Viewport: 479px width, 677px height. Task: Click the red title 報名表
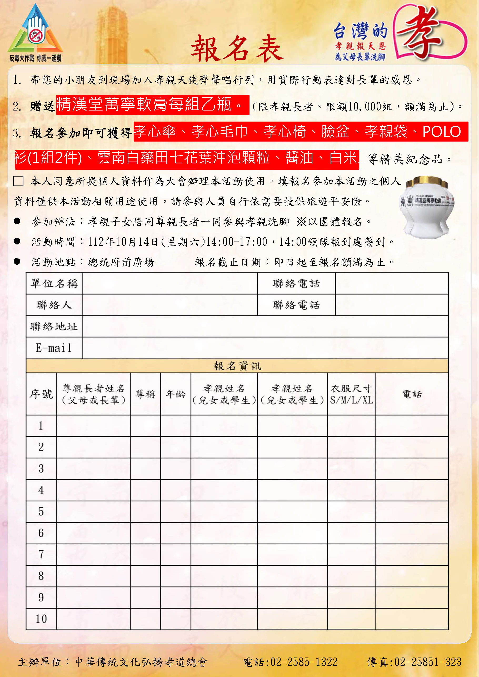pos(237,49)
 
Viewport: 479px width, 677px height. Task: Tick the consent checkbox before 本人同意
pos(18,181)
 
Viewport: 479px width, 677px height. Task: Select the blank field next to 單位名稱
pos(169,283)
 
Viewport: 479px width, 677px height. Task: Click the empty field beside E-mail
pos(265,348)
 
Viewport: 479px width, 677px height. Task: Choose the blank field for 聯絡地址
pos(265,327)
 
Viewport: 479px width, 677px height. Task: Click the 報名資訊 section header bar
pos(237,366)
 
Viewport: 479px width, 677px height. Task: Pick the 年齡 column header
pos(176,394)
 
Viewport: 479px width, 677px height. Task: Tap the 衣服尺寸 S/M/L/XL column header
pos(351,394)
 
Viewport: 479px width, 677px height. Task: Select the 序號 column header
pos(41,394)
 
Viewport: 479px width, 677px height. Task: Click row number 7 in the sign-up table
pos(41,554)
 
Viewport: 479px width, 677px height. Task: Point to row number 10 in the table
pos(41,619)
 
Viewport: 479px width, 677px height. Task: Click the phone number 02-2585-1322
pos(304,662)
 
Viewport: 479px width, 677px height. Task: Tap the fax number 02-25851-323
pos(428,662)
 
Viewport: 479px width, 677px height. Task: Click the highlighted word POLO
pos(442,132)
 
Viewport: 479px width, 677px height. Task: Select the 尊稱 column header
pos(145,394)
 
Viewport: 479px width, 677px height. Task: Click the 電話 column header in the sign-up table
pos(412,394)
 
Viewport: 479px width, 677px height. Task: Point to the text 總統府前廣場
pos(121,262)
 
